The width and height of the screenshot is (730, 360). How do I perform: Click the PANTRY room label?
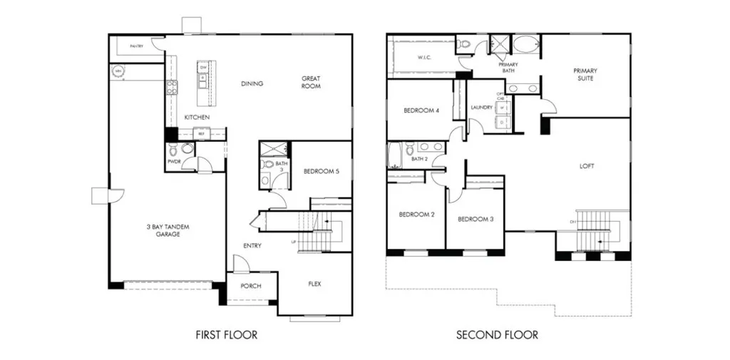pyautogui.click(x=136, y=46)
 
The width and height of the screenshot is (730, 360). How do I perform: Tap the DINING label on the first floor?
pyautogui.click(x=252, y=83)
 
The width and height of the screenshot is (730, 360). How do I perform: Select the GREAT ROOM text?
pyautogui.click(x=311, y=83)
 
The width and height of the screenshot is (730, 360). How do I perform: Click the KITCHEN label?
pyautogui.click(x=196, y=117)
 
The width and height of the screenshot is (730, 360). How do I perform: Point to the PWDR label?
pyautogui.click(x=173, y=162)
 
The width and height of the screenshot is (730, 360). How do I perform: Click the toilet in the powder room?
pyautogui.click(x=187, y=150)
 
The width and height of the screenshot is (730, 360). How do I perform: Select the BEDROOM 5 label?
pyautogui.click(x=321, y=171)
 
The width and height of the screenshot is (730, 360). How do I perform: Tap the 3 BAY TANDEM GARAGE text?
pyautogui.click(x=168, y=230)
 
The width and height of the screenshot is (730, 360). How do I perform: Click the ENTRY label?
pyautogui.click(x=252, y=246)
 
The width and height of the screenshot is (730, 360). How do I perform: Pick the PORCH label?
pyautogui.click(x=250, y=286)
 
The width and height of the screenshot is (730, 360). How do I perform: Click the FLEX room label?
pyautogui.click(x=314, y=284)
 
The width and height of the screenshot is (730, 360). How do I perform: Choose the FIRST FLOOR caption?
pyautogui.click(x=226, y=334)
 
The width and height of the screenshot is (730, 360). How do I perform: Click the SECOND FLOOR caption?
pyautogui.click(x=497, y=334)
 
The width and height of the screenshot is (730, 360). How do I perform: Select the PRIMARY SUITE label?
pyautogui.click(x=585, y=74)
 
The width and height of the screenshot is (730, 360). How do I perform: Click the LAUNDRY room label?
pyautogui.click(x=482, y=108)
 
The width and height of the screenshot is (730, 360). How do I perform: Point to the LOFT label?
pyautogui.click(x=587, y=166)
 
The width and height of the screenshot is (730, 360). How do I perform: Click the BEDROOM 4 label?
pyautogui.click(x=421, y=110)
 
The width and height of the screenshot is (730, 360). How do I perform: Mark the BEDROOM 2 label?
pyautogui.click(x=416, y=215)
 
